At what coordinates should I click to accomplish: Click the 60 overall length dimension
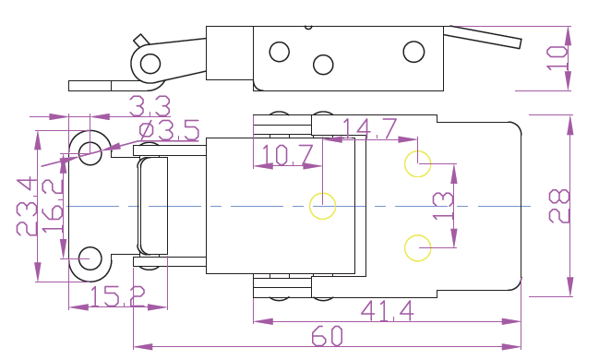point(327,336)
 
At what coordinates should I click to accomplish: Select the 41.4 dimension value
point(388,311)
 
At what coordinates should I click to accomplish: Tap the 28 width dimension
point(559,206)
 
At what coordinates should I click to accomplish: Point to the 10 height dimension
point(557,58)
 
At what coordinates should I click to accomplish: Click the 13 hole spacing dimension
point(443,206)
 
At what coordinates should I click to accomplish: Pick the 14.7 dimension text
point(369,128)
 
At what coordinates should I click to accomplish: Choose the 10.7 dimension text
point(288,155)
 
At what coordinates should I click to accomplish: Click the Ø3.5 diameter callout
point(169,130)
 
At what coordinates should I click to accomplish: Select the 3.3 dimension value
point(150,106)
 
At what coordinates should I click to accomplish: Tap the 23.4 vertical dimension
point(27,207)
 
